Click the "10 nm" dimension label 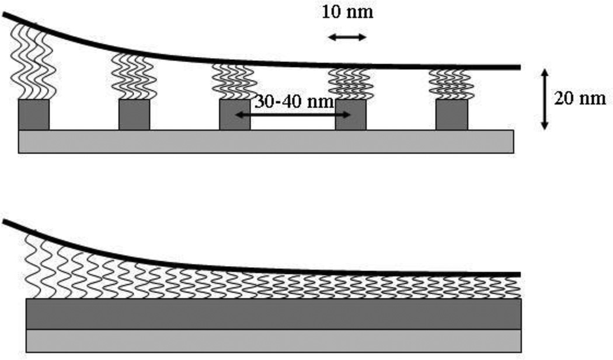pyautogui.click(x=347, y=12)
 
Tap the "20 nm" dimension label pyautogui.click(x=580, y=98)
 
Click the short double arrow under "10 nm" pyautogui.click(x=347, y=37)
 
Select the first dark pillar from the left pyautogui.click(x=34, y=114)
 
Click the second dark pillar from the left pyautogui.click(x=134, y=114)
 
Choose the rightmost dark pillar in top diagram pyautogui.click(x=451, y=114)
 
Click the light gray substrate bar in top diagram pyautogui.click(x=266, y=141)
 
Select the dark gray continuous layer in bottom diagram pyautogui.click(x=274, y=314)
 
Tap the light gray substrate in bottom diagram pyautogui.click(x=274, y=341)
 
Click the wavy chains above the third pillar pyautogui.click(x=233, y=81)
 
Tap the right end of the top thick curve pyautogui.click(x=516, y=67)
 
